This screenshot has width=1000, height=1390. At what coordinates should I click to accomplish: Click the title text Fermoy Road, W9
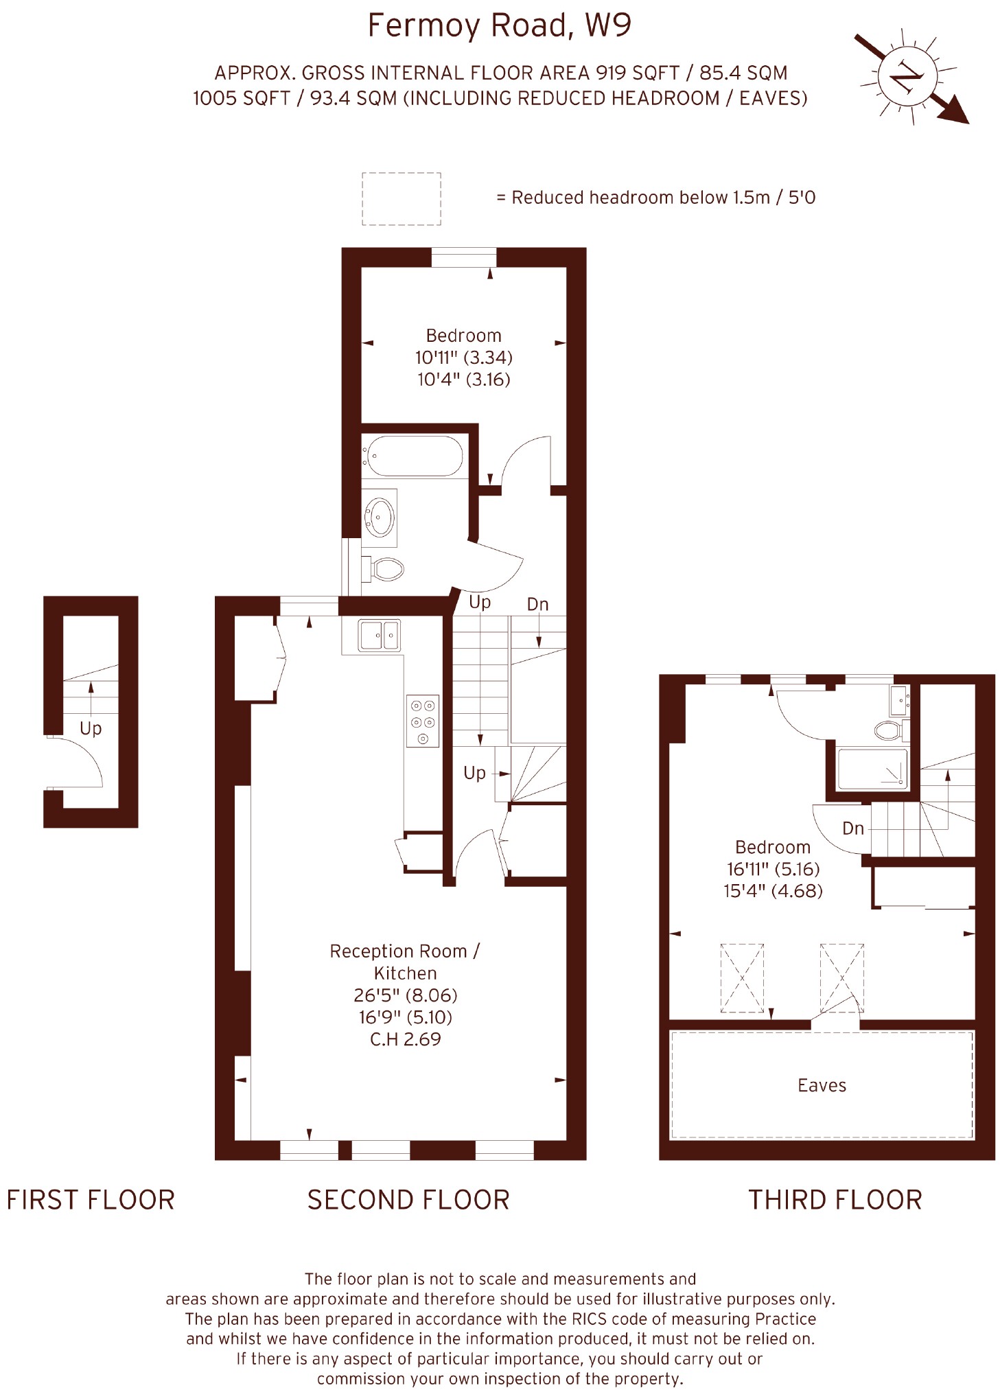(x=499, y=25)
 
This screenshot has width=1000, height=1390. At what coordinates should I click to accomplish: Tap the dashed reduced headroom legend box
(x=402, y=198)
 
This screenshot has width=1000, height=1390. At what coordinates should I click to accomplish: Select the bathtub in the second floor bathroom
(x=415, y=456)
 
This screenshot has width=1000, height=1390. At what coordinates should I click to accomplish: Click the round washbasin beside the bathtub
(x=380, y=516)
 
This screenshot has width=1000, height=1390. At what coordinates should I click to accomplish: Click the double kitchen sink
(x=379, y=635)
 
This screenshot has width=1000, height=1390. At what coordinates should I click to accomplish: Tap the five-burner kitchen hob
(x=422, y=721)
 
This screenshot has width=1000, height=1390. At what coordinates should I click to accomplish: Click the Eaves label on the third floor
(x=822, y=1085)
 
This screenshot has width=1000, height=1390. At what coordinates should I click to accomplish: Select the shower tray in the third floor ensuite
(x=872, y=769)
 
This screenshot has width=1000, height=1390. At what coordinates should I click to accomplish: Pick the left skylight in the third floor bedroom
(x=742, y=977)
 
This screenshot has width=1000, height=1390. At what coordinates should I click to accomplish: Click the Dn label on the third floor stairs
(x=852, y=828)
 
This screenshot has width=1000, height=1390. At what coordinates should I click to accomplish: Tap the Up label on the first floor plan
(x=91, y=729)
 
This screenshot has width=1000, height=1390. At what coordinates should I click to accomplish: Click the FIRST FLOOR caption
(x=91, y=1200)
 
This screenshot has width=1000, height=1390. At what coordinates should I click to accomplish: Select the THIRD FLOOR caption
(x=835, y=1200)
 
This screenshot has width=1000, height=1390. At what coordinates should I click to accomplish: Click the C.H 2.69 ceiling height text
(x=405, y=1039)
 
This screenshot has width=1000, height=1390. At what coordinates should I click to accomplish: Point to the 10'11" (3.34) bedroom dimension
(x=464, y=357)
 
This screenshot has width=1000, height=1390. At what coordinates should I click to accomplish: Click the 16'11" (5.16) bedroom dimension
(x=773, y=868)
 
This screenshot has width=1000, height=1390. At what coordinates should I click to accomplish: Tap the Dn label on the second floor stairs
(x=537, y=604)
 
